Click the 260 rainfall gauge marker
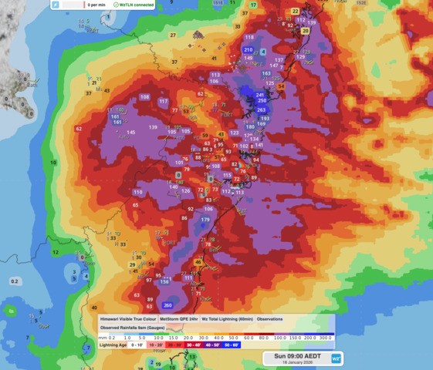[x=168, y=306]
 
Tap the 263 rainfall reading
[x=261, y=110]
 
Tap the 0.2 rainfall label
[x=14, y=281]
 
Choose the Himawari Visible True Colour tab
[x=127, y=318]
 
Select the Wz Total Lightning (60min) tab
[x=227, y=318]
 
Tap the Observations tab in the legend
[x=269, y=318]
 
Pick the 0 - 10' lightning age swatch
[x=137, y=345]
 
